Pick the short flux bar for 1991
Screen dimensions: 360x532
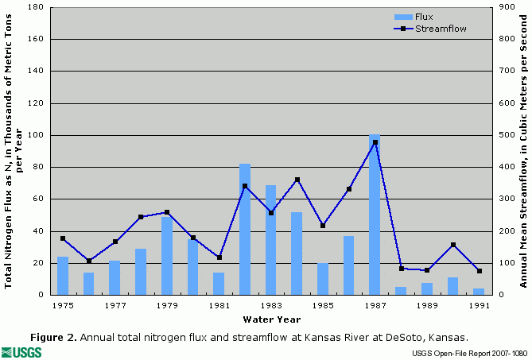click(479, 292)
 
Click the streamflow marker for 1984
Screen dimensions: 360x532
click(297, 180)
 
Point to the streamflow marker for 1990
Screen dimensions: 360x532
click(452, 245)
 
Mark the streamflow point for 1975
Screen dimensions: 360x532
click(63, 238)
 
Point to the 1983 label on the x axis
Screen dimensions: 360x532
click(271, 304)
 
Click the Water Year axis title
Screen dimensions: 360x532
click(272, 319)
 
